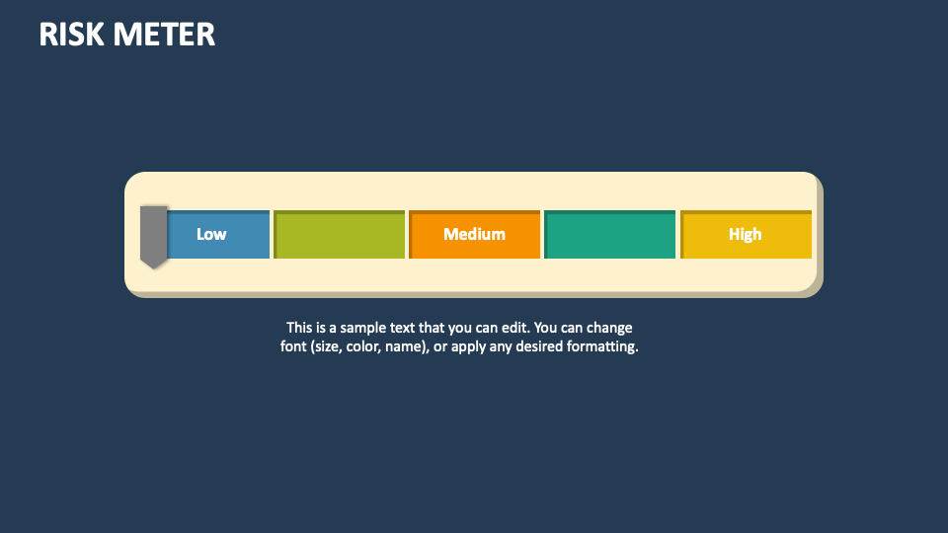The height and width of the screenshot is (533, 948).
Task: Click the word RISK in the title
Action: [x=70, y=35]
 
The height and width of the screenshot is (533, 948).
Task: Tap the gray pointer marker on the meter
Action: [x=153, y=236]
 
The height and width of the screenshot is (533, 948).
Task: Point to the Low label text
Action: [x=211, y=234]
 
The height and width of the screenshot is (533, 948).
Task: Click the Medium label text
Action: [x=474, y=234]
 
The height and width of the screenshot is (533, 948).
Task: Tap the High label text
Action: [x=746, y=234]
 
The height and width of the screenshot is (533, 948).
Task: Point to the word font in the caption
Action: [x=294, y=347]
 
